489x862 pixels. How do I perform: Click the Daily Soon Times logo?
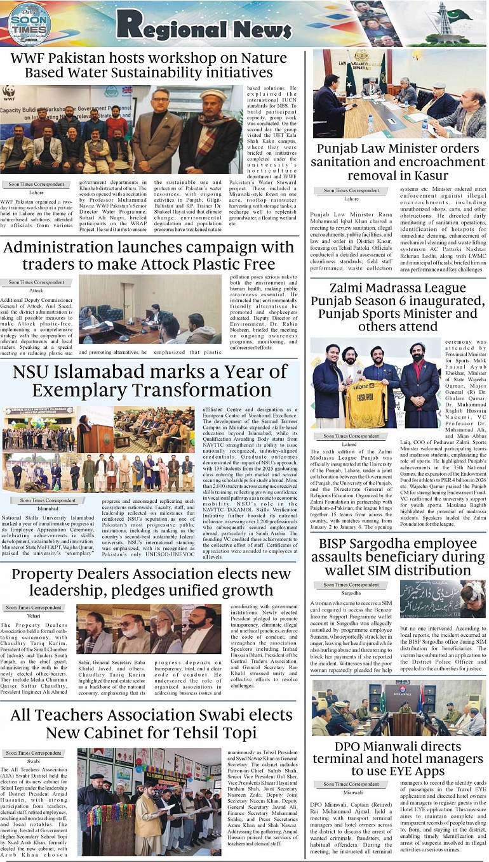click(29, 24)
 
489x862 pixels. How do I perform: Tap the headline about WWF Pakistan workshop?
click(151, 66)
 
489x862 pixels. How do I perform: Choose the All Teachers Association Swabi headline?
click(151, 724)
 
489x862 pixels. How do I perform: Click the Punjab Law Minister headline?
click(398, 162)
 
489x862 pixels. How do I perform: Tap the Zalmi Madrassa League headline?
click(398, 307)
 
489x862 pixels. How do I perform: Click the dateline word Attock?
click(36, 291)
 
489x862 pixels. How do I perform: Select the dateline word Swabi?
click(34, 761)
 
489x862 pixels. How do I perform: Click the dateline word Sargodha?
click(351, 593)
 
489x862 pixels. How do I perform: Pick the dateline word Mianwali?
click(353, 792)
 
